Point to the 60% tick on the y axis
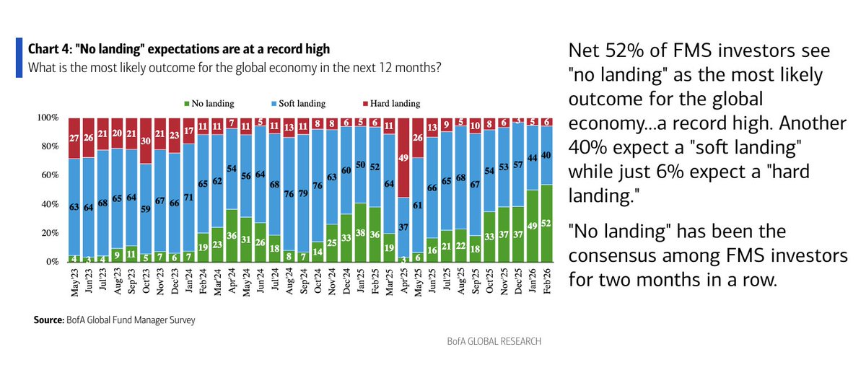pyautogui.click(x=48, y=175)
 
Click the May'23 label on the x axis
pyautogui.click(x=74, y=281)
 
